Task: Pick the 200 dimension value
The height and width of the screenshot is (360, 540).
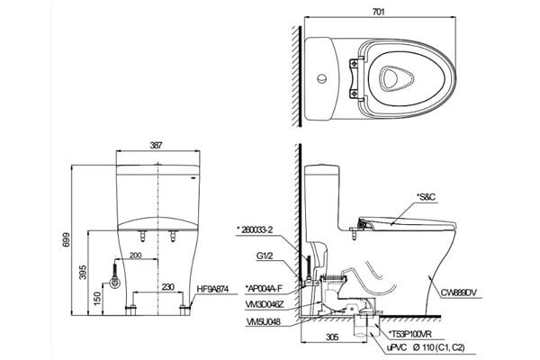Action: coord(134,257)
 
